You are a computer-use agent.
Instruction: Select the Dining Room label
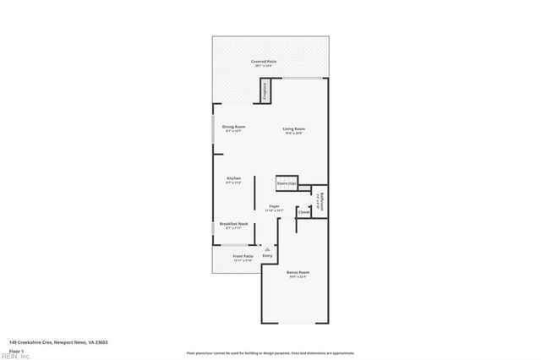(233, 127)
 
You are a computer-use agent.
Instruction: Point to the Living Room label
(292, 128)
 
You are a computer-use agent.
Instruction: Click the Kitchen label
(233, 178)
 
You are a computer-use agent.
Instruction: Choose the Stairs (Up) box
(286, 183)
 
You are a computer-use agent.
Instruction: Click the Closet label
(303, 212)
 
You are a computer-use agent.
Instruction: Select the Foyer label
(275, 206)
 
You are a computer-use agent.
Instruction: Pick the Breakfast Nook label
(233, 224)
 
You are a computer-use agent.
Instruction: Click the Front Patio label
(243, 256)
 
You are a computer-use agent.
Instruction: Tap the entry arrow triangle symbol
(267, 248)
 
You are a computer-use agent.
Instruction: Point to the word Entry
(267, 255)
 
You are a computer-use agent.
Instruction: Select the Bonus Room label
(298, 272)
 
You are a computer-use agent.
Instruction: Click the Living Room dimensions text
(292, 133)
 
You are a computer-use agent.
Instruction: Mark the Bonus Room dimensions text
(298, 277)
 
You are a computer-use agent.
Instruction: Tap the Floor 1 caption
(15, 350)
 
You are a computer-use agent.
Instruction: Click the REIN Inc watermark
(15, 356)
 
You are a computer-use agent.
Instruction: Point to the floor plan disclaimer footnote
(270, 352)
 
